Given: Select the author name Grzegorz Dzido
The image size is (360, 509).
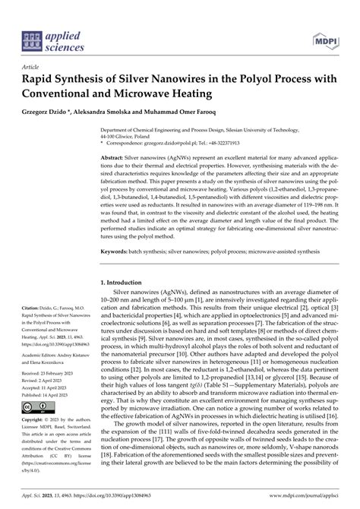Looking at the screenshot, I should click(52, 112).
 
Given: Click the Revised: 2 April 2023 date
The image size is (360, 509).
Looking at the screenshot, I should click(46, 382).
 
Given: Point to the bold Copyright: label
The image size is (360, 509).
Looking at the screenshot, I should click(36, 420).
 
